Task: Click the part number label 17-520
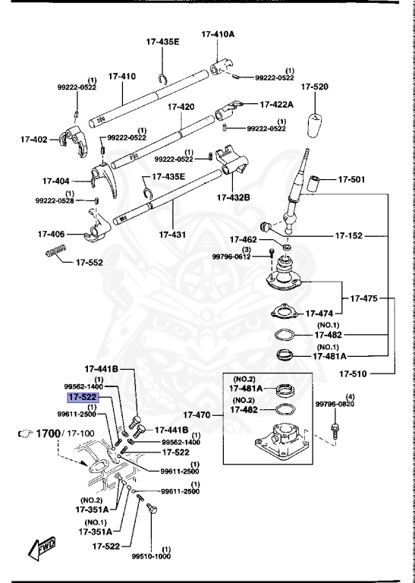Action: [314, 87]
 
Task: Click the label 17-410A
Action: [218, 34]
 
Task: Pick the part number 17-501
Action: [351, 180]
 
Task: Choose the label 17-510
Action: [354, 373]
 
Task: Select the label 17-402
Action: [33, 139]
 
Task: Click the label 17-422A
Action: [277, 104]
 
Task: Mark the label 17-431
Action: [174, 235]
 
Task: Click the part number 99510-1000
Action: [151, 555]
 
